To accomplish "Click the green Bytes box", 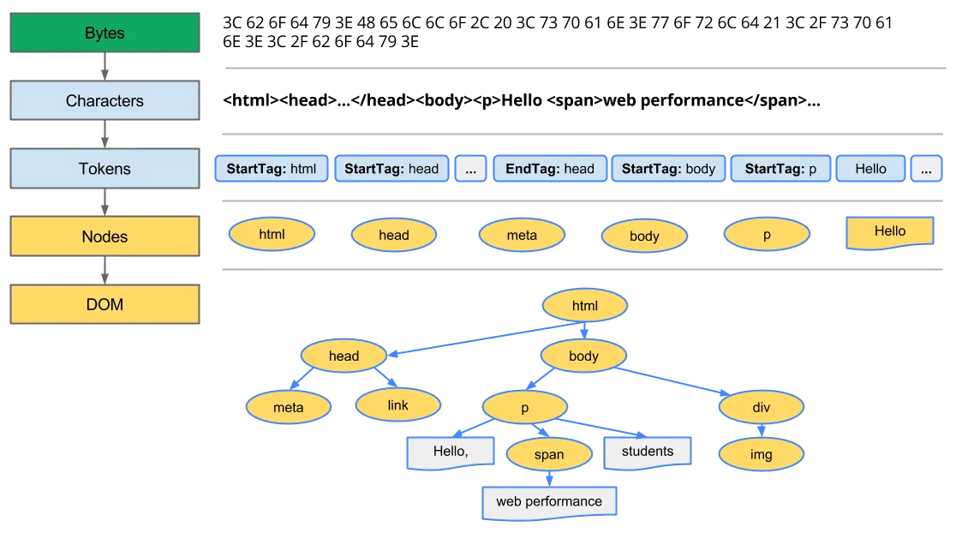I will point(105,33).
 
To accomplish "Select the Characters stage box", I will point(105,101).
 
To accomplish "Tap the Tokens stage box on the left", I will point(105,169).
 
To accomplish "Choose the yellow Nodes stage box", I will point(105,237).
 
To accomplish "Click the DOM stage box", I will point(105,304).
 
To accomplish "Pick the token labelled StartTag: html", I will point(272,169).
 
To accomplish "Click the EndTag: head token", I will point(550,169).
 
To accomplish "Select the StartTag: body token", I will point(668,169).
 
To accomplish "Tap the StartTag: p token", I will point(780,169).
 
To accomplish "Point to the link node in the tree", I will point(398,404).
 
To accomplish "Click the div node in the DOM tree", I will point(761,408).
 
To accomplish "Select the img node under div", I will point(761,454).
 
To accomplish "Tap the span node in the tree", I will point(549,454).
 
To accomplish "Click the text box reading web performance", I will point(549,501).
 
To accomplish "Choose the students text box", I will point(648,452).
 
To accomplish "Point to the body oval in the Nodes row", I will point(644,236).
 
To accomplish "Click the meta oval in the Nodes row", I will point(522,236).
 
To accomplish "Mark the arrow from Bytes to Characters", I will point(105,67).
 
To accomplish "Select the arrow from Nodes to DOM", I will point(105,270).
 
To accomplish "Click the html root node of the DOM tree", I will point(584,306).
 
